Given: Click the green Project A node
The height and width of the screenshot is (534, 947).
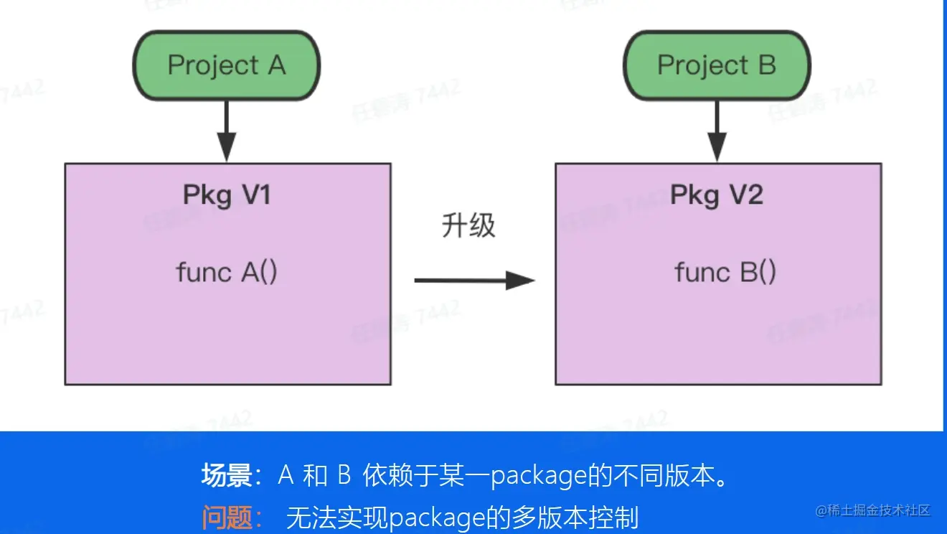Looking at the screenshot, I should [x=227, y=66].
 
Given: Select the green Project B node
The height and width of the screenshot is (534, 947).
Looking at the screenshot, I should [x=716, y=66].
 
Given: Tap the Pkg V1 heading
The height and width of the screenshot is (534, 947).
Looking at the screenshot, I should [x=227, y=195].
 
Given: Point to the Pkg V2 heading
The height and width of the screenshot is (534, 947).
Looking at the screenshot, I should [x=716, y=195].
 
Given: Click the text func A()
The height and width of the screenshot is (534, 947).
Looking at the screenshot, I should [x=227, y=273].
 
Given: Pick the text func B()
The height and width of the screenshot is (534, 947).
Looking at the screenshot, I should [x=725, y=273].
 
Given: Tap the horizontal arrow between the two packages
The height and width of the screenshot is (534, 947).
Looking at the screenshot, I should [x=473, y=279].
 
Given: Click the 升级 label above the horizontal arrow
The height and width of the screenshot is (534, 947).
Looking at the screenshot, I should [x=468, y=226].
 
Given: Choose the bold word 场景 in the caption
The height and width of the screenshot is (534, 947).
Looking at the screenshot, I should [x=226, y=476].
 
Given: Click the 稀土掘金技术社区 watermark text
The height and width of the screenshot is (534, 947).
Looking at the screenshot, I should [x=879, y=511].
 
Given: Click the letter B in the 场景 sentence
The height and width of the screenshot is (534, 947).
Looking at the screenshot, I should [x=343, y=476].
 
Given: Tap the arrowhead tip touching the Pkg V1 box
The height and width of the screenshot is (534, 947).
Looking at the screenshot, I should [x=227, y=159].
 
